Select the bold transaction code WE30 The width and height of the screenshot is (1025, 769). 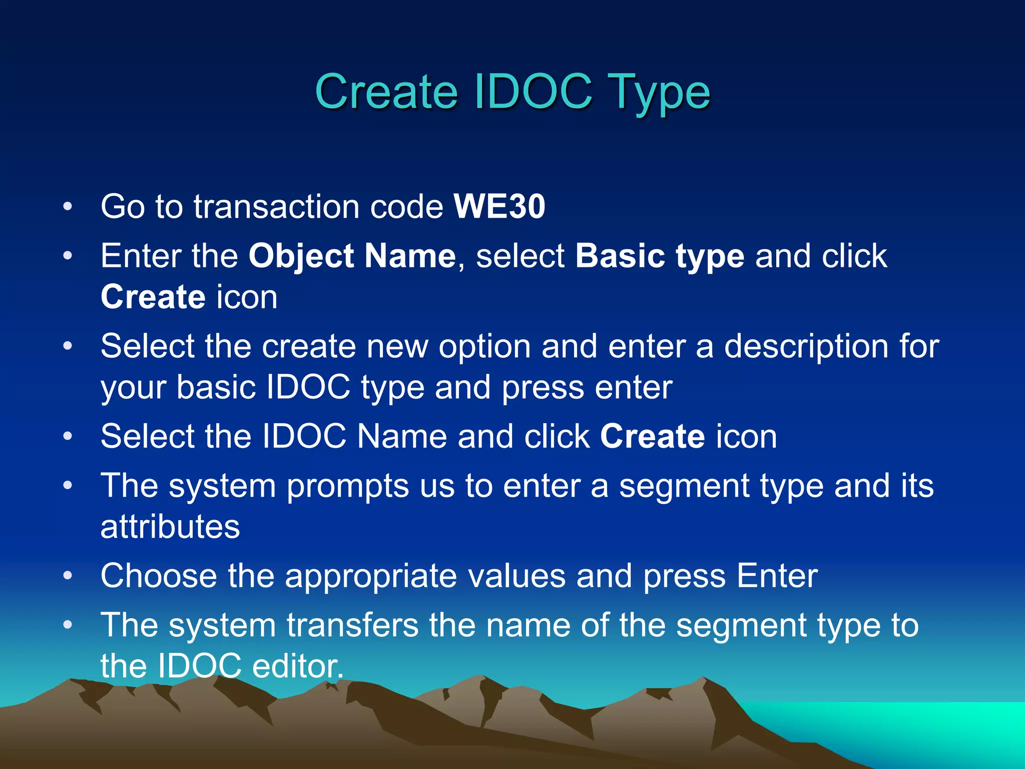click(x=499, y=206)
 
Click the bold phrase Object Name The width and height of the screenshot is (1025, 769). click(x=352, y=256)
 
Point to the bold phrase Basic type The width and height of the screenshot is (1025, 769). click(x=659, y=256)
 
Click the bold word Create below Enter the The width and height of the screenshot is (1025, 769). click(x=153, y=297)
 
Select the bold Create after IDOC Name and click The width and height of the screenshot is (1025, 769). click(x=652, y=436)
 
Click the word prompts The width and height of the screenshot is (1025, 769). click(x=347, y=486)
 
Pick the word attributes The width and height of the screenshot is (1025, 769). click(x=170, y=527)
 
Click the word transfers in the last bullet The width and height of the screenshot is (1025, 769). click(x=352, y=625)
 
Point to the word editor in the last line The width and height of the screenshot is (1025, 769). click(x=297, y=666)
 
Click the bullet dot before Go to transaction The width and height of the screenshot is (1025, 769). click(x=68, y=206)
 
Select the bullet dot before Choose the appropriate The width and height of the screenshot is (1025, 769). click(x=68, y=576)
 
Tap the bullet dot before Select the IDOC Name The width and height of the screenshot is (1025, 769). click(x=68, y=436)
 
